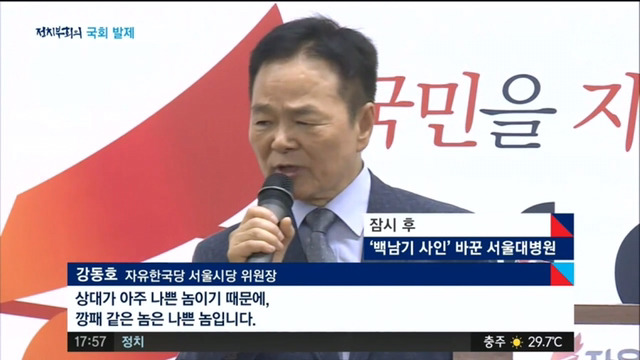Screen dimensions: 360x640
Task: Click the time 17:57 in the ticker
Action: coord(90,342)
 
